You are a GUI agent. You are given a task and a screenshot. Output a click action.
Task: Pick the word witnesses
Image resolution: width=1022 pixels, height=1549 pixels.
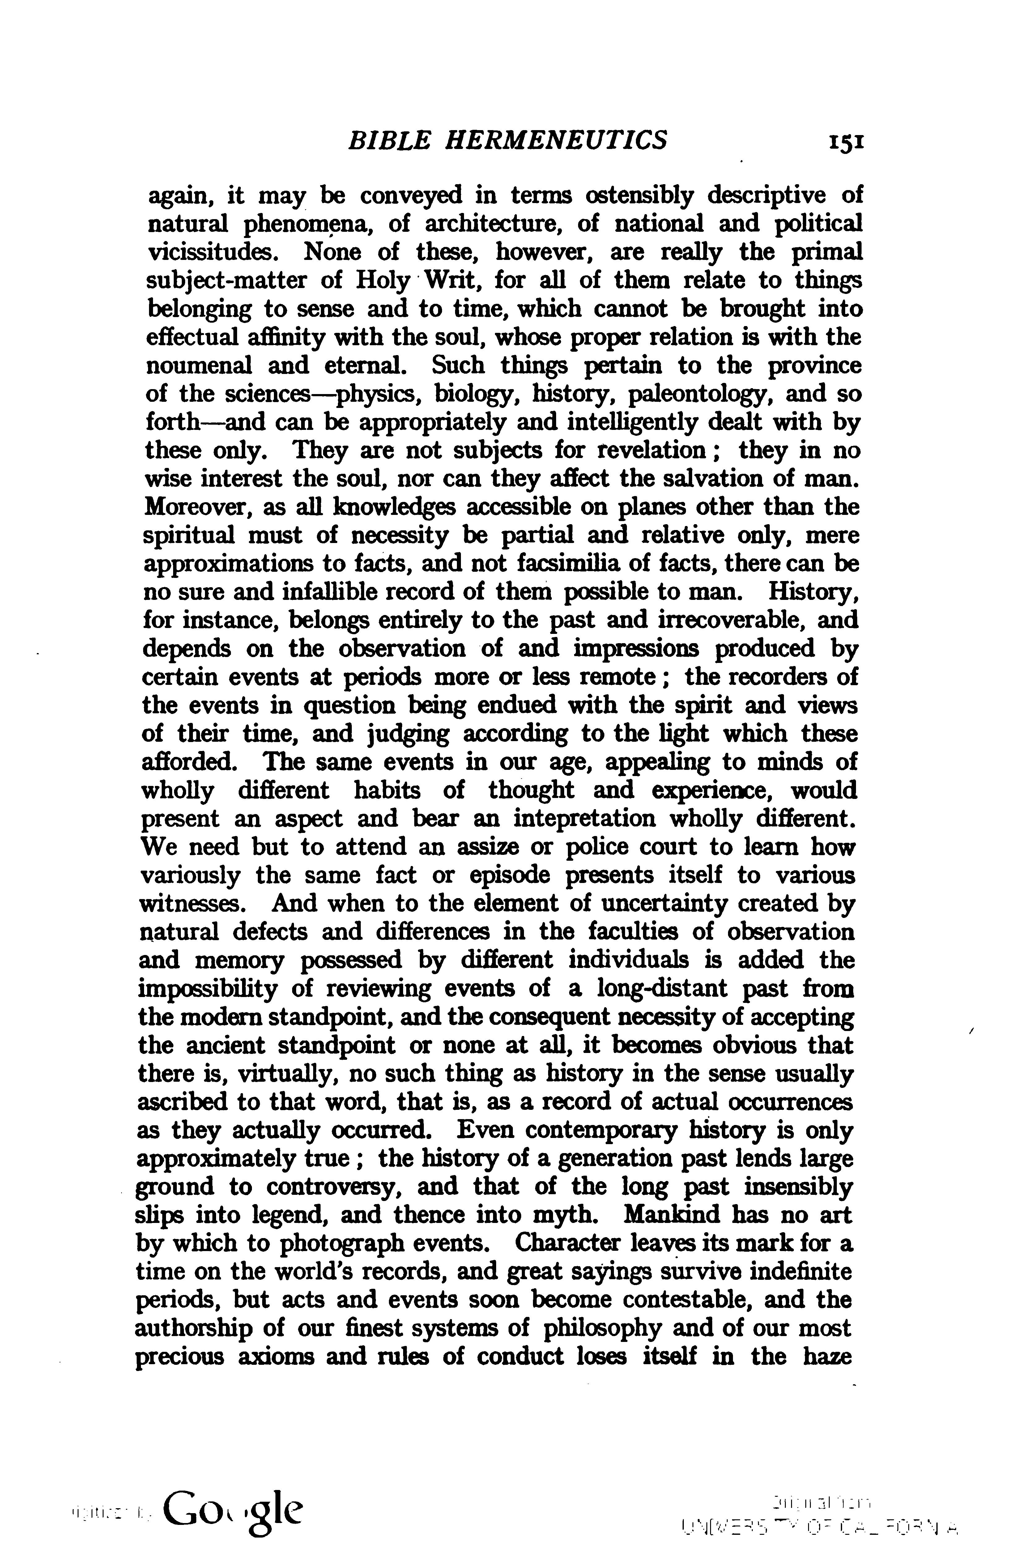pos(196,903)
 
